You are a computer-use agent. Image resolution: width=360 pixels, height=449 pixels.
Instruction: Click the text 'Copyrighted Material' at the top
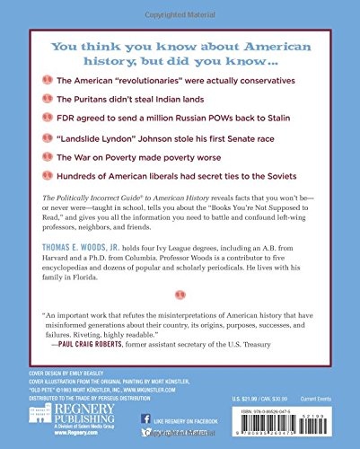pyautogui.click(x=180, y=6)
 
